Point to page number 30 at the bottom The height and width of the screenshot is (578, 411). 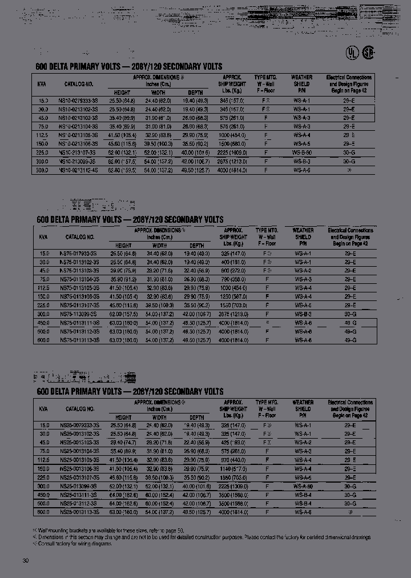tap(25, 560)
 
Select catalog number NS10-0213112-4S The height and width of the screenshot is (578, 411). tap(78, 170)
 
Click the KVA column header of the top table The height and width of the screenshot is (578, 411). tap(42, 84)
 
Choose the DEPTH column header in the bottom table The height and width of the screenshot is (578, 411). tap(196, 418)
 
